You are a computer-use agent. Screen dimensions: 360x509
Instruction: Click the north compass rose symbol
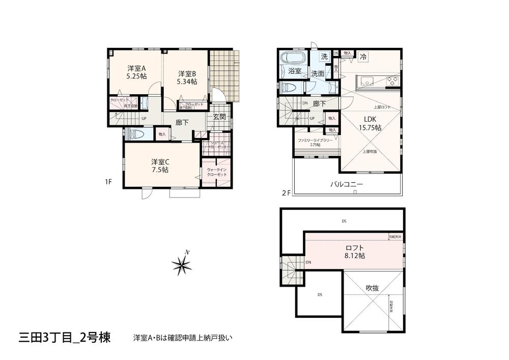(182, 264)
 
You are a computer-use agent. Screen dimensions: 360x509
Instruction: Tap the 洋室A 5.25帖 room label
(136, 73)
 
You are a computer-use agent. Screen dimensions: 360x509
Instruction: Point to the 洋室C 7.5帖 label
(159, 166)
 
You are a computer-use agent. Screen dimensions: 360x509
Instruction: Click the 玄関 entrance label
(219, 117)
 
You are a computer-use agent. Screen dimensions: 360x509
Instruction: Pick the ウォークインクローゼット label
(217, 172)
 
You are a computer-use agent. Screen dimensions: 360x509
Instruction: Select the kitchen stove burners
(392, 80)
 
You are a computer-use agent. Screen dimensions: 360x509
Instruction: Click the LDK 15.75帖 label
(370, 124)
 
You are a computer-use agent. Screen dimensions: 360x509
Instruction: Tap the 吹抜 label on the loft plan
(372, 288)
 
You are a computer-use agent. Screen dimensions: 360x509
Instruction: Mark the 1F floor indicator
(108, 181)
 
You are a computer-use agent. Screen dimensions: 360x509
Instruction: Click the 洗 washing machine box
(324, 57)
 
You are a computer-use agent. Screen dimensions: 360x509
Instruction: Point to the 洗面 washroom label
(318, 74)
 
